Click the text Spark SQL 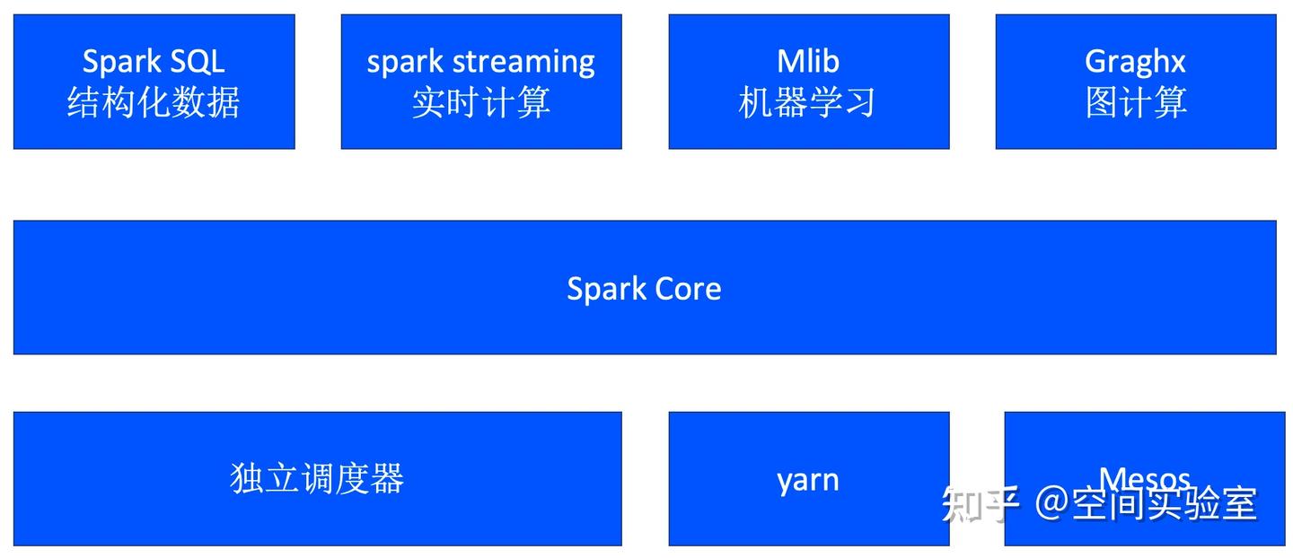154,61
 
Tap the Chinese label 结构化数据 154,102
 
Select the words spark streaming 480,62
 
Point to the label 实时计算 480,102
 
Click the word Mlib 808,61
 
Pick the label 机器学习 808,102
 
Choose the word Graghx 1135,61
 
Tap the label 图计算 1135,102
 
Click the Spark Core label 644,288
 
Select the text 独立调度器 317,478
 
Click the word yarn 808,479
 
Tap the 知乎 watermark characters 980,503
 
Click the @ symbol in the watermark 1051,502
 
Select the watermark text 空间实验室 1165,502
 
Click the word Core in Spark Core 687,288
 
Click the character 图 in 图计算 1101,102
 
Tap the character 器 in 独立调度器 387,478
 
